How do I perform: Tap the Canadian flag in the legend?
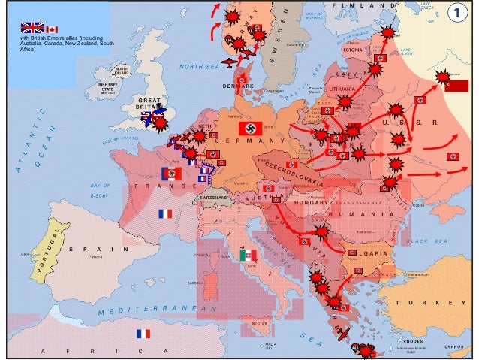pyautogui.click(x=52, y=29)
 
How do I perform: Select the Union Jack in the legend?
pyautogui.click(x=32, y=28)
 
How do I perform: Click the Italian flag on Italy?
pyautogui.click(x=248, y=256)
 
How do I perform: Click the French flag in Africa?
pyautogui.click(x=143, y=334)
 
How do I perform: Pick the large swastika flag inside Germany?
pyautogui.click(x=250, y=129)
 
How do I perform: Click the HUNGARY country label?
pyautogui.click(x=307, y=203)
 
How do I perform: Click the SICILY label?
pyautogui.click(x=260, y=322)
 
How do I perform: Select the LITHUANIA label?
pyautogui.click(x=342, y=88)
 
